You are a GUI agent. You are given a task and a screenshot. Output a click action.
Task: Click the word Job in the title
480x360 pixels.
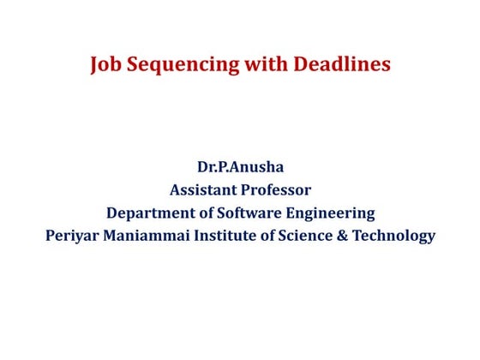click(106, 66)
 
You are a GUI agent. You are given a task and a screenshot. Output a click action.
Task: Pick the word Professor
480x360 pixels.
click(278, 189)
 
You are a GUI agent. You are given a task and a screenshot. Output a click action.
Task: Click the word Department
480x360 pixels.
click(148, 213)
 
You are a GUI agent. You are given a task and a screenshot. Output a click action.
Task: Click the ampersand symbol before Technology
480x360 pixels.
click(342, 236)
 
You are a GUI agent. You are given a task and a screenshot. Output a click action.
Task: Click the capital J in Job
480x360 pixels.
click(94, 66)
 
